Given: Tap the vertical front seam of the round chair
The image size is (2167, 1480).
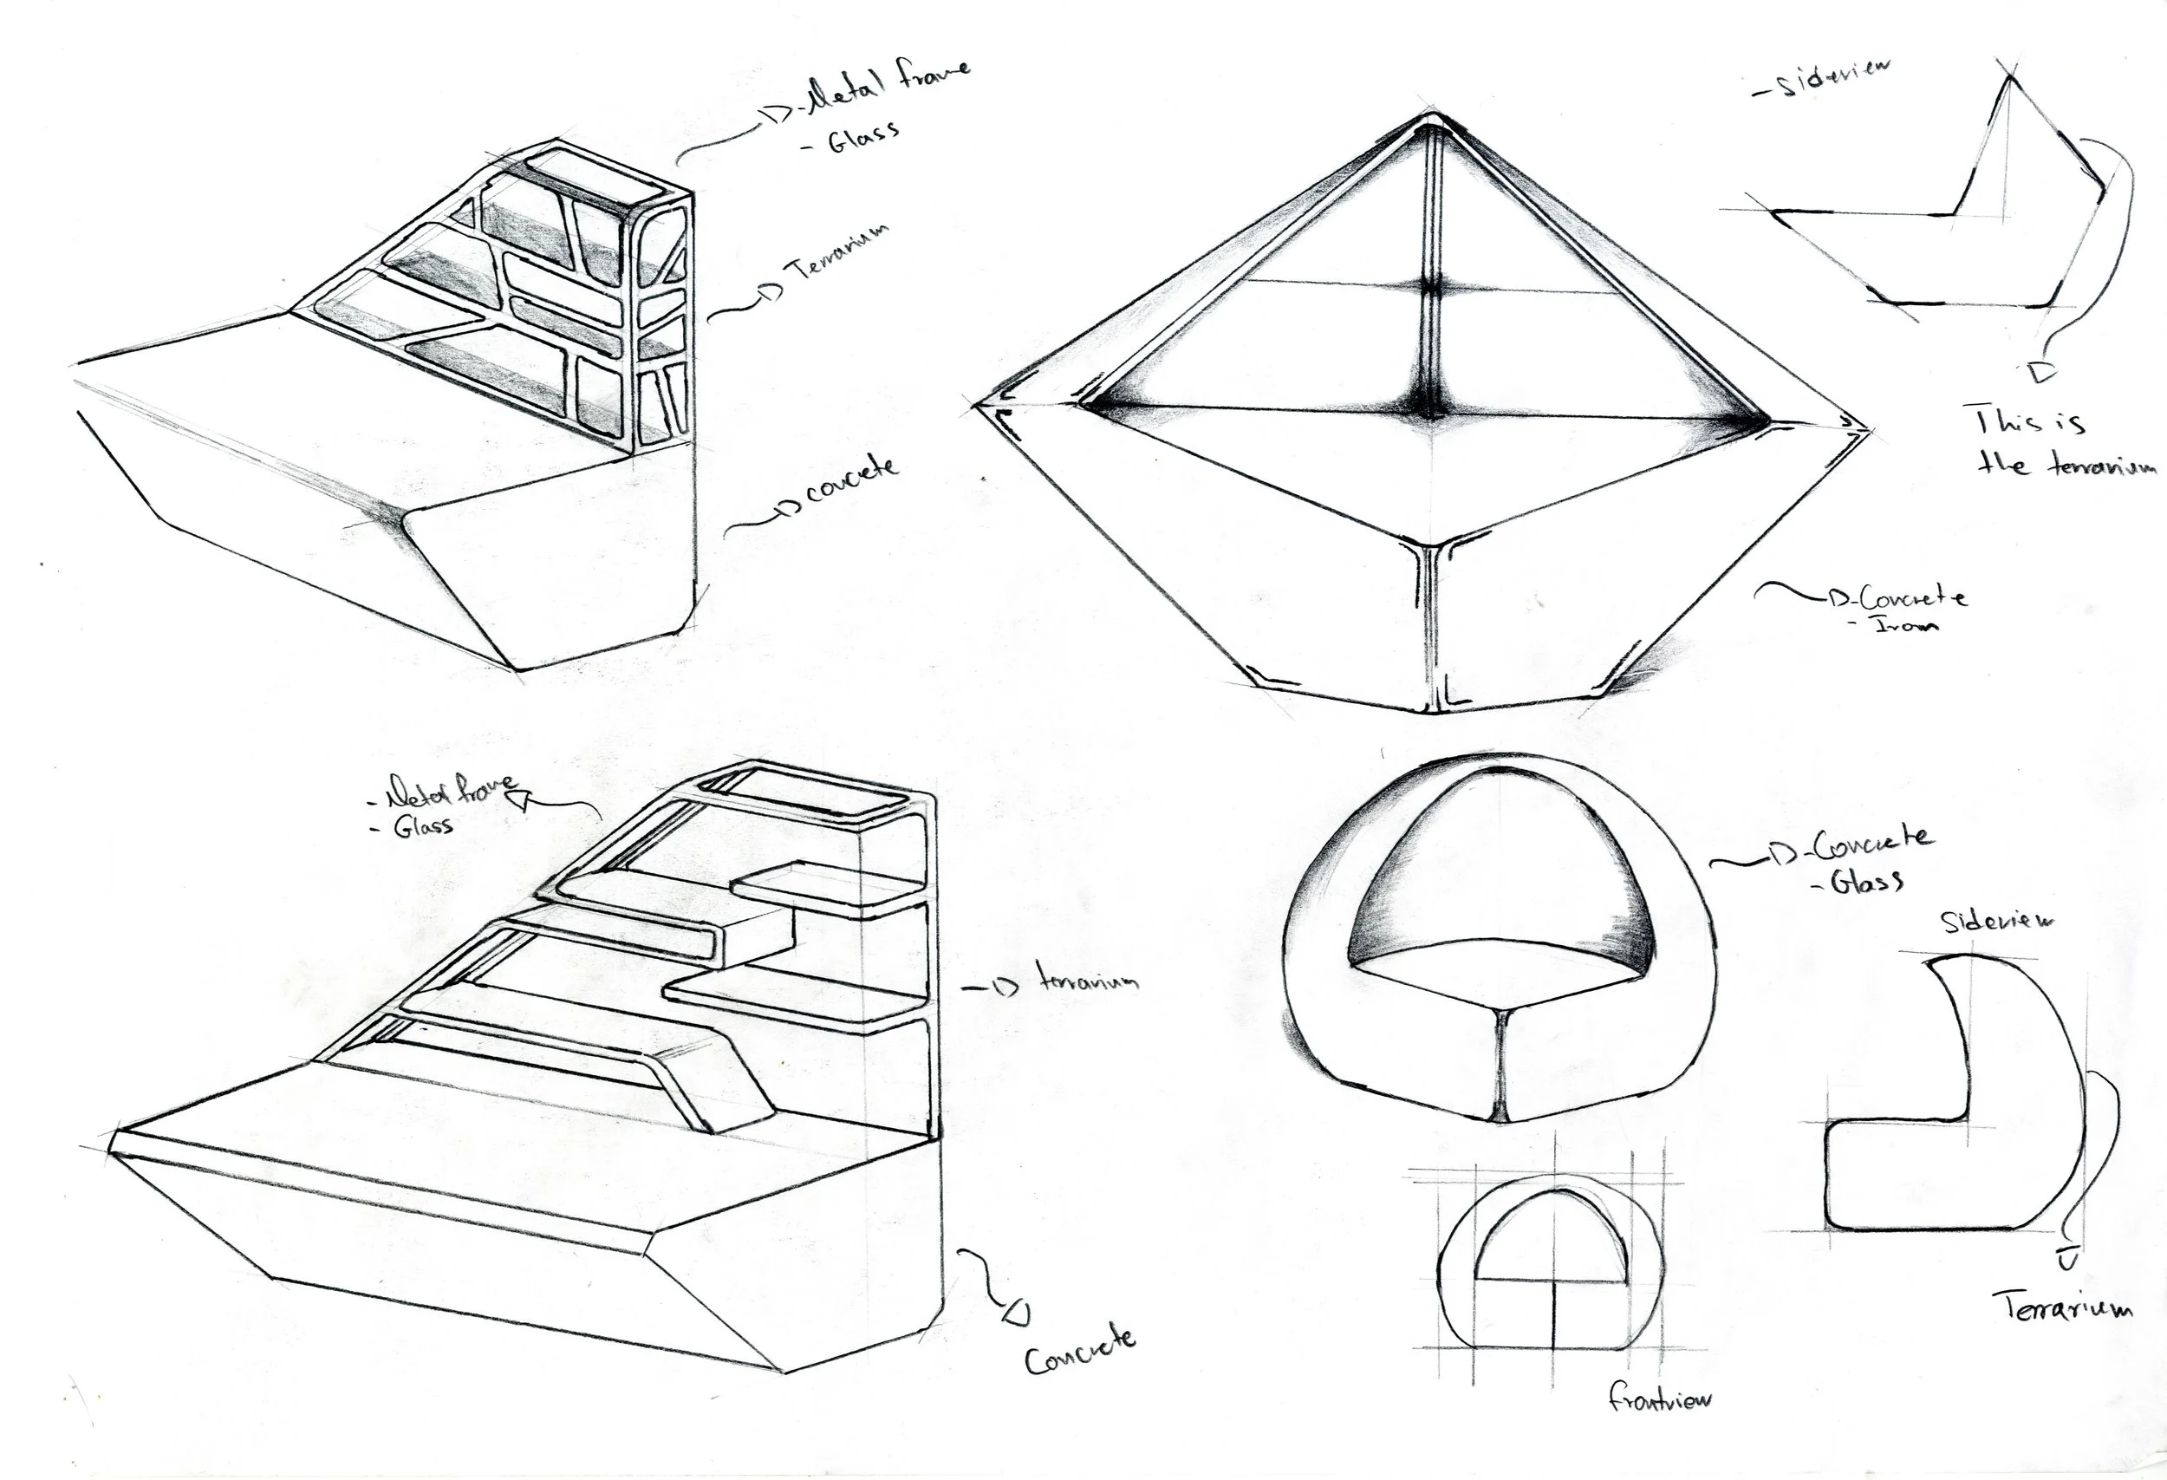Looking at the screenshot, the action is [x=1502, y=1063].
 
